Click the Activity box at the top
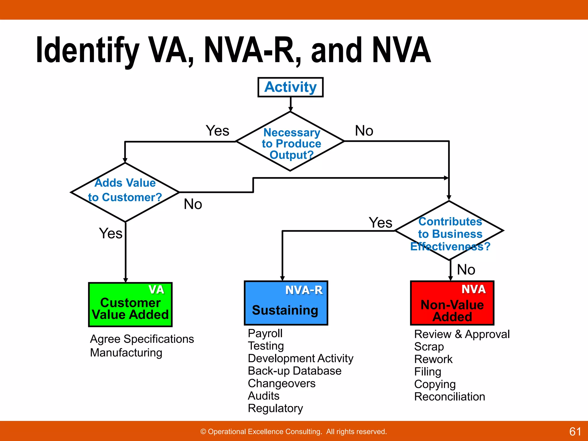[x=290, y=87]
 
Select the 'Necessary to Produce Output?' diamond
[x=290, y=142]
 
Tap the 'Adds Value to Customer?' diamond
[x=125, y=192]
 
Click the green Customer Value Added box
[x=130, y=304]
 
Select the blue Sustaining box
[x=286, y=303]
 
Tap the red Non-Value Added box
[x=452, y=303]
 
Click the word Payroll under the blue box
[x=265, y=333]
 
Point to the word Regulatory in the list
[x=275, y=408]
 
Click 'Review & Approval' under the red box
[x=462, y=334]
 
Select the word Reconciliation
[x=449, y=397]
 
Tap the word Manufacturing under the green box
[x=126, y=353]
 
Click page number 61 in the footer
[x=575, y=432]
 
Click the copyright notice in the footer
[x=293, y=432]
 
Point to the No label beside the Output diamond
[x=364, y=131]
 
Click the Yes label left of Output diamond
[x=217, y=131]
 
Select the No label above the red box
[x=466, y=270]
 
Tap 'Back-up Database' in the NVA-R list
[x=294, y=371]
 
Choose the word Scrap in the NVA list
[x=429, y=347]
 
